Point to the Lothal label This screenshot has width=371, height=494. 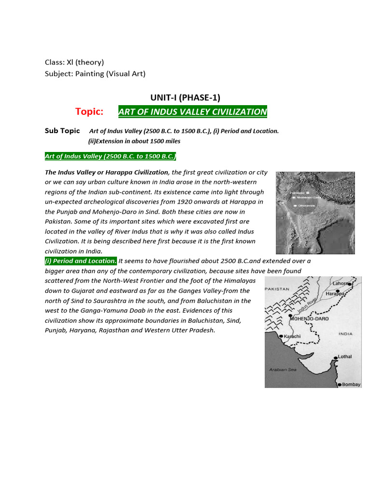coord(345,357)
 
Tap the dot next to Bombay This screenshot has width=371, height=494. coord(339,384)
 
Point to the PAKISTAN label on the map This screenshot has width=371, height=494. coord(277,289)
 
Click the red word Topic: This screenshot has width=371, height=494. coord(89,112)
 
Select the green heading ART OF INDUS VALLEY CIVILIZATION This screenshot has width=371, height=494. coord(192,112)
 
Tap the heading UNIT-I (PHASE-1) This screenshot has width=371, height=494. coord(186,97)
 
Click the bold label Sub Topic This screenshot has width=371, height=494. coord(62,131)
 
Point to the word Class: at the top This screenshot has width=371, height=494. coord(55,62)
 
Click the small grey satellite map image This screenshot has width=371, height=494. coord(315,212)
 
